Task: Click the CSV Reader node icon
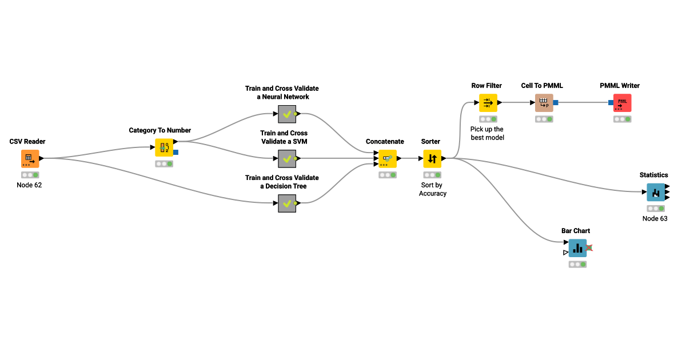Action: coord(30,158)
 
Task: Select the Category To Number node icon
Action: coord(164,147)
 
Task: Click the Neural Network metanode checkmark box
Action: coord(287,114)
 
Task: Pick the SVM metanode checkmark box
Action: coord(287,158)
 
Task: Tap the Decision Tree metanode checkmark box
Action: coord(287,203)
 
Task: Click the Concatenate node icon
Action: coord(387,158)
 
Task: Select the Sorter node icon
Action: coord(432,158)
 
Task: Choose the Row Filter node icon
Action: coord(488,103)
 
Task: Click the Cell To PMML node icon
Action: coord(544,103)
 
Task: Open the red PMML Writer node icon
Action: coord(622,103)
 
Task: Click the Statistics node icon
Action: coord(656,192)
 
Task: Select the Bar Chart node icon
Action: coord(577,248)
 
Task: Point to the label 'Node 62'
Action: coord(30,185)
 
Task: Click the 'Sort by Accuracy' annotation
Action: coord(432,189)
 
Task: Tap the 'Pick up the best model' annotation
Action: coord(487,133)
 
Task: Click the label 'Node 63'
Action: coord(655,218)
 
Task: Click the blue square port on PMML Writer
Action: coord(611,103)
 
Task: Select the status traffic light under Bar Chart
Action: coord(577,265)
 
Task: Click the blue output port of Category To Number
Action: coord(176,153)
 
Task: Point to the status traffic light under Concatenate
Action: coord(387,175)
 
